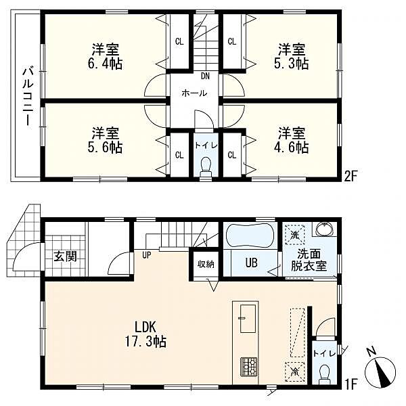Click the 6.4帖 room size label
105,64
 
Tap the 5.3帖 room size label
292,64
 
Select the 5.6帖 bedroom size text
105,148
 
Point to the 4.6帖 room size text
292,148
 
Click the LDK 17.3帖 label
145,334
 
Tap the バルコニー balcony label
28,97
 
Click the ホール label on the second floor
194,93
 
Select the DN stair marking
205,76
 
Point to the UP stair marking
147,255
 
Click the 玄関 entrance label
66,256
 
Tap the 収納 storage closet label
206,264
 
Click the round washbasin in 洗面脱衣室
324,229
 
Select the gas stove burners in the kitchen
249,367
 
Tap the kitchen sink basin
248,319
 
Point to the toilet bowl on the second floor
206,166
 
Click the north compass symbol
380,369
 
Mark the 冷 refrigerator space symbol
294,371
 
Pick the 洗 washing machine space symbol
294,235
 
